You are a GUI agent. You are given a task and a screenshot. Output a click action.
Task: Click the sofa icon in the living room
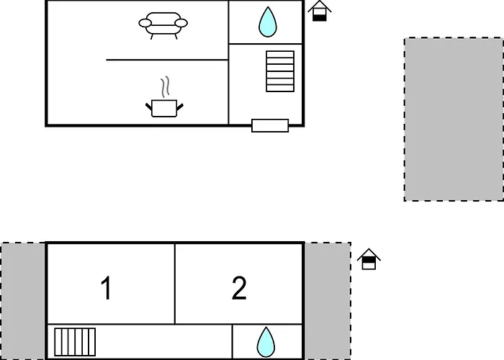point(163,25)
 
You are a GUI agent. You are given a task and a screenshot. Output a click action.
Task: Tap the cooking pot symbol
point(164,108)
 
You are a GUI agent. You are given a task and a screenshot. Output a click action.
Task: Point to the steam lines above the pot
point(165,87)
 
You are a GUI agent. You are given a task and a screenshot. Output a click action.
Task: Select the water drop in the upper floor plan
point(268,22)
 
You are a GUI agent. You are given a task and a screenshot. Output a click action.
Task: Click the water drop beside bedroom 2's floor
point(266,342)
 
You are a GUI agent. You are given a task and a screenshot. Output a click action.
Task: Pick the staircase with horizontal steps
point(280,71)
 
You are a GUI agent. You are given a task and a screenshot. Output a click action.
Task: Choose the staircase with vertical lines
point(75,342)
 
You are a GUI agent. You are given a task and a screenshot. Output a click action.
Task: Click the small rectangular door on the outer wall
point(270,126)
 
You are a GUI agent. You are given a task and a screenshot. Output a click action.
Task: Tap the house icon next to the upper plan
point(320,11)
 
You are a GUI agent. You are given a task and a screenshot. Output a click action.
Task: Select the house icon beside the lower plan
point(369,259)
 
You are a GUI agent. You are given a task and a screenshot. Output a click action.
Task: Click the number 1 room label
point(107,288)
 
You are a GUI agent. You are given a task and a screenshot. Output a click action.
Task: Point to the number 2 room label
point(239,288)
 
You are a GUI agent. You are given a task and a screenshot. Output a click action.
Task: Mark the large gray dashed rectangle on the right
point(454,120)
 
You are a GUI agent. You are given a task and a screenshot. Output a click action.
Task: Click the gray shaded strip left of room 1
point(23,301)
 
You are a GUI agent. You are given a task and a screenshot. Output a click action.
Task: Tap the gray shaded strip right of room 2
point(328,301)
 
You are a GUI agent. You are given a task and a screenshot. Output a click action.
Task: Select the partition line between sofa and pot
point(167,60)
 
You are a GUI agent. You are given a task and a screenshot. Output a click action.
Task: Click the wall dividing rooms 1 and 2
point(175,284)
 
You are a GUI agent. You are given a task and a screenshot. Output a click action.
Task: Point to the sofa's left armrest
point(145,23)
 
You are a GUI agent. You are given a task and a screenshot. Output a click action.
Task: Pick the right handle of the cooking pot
point(180,107)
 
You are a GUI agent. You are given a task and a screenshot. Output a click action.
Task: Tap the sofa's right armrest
point(181,23)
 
